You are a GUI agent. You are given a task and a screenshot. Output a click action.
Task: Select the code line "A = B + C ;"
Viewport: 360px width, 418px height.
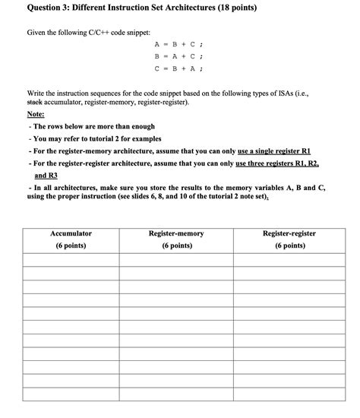pos(179,44)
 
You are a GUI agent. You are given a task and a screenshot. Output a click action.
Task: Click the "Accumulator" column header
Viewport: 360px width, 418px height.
pos(70,233)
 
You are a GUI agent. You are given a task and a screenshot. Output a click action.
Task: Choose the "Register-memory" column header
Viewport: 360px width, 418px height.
pos(175,233)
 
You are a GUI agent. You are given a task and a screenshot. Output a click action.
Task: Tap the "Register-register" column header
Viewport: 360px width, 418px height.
pos(289,233)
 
